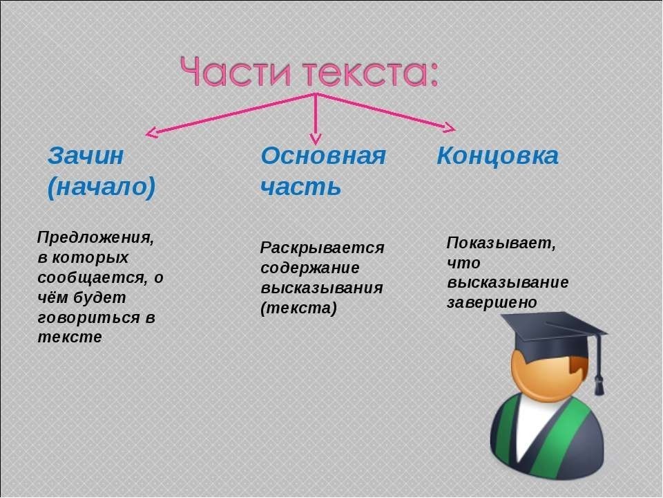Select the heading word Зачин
click(x=86, y=156)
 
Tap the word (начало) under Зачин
click(x=102, y=187)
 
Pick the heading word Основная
click(x=323, y=156)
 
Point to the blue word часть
click(x=300, y=187)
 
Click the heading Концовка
click(x=497, y=156)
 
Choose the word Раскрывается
click(x=322, y=248)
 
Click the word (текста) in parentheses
click(x=298, y=308)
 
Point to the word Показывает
click(x=501, y=243)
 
